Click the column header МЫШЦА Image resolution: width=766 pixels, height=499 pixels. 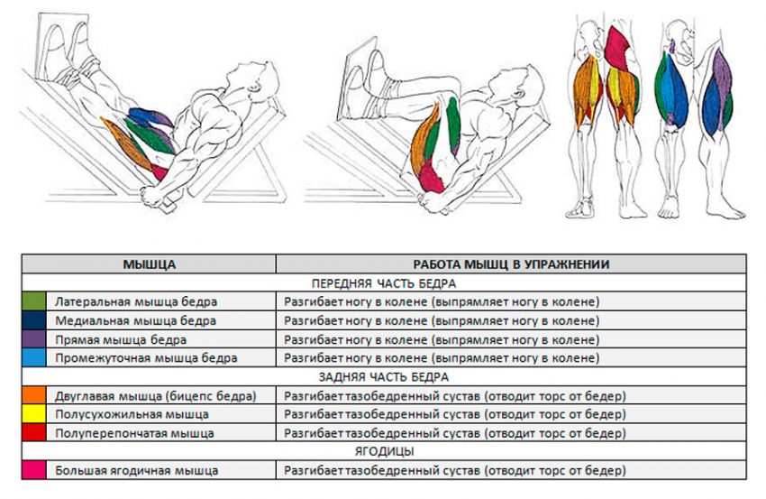click(x=149, y=263)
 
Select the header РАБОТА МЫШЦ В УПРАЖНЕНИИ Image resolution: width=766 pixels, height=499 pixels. click(x=510, y=263)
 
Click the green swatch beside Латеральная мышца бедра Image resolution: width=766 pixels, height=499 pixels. click(x=33, y=301)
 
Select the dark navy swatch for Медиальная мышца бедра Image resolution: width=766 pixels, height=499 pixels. click(x=33, y=320)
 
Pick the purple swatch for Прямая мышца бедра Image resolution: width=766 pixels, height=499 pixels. click(x=33, y=339)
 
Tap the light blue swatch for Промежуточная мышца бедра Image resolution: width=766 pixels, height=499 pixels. click(x=33, y=358)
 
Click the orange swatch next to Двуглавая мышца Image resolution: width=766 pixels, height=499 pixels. click(x=33, y=396)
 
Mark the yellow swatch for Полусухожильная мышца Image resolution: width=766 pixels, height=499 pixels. click(x=33, y=415)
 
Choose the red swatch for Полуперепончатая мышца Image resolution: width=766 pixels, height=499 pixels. click(x=33, y=433)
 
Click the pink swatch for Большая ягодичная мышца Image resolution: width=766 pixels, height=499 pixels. click(x=33, y=470)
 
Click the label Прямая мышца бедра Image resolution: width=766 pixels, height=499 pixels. click(x=121, y=339)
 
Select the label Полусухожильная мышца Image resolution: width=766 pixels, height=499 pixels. click(x=132, y=415)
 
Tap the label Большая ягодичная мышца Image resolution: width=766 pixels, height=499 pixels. click(x=136, y=470)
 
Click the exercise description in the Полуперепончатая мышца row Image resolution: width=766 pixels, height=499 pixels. click(x=454, y=433)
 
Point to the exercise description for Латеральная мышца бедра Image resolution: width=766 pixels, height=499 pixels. click(x=442, y=301)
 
